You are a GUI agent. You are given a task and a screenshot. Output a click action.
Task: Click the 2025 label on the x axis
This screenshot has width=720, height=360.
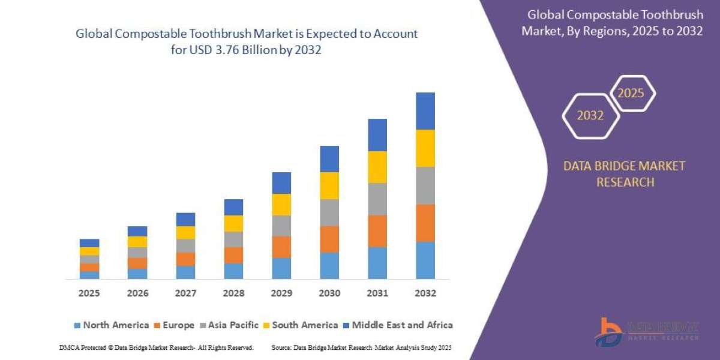(x=89, y=293)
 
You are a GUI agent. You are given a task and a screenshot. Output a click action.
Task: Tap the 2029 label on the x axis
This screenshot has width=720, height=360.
(x=281, y=293)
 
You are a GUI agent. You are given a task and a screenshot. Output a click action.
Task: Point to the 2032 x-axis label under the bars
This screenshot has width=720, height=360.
(x=425, y=293)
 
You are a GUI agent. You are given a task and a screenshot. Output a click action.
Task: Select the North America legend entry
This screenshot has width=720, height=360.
(x=111, y=325)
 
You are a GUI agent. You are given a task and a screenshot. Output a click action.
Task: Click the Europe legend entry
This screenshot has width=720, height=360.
(x=175, y=325)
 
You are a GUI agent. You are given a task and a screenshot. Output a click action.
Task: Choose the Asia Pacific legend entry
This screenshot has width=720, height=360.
(x=231, y=325)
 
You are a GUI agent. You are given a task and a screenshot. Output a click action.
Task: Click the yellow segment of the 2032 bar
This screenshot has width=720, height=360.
(x=425, y=148)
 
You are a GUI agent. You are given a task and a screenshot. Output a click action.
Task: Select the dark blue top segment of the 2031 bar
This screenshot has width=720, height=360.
(x=377, y=135)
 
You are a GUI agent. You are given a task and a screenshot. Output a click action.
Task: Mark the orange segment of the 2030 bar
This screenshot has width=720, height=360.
(x=329, y=239)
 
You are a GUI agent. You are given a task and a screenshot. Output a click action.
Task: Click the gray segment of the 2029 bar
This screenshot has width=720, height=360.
(x=281, y=226)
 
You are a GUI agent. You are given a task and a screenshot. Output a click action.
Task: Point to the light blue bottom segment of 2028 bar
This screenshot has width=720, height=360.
(x=233, y=271)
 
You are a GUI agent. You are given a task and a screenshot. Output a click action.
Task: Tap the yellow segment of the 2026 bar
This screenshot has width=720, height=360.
(x=137, y=242)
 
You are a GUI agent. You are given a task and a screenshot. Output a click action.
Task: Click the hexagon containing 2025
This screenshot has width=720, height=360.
(x=631, y=94)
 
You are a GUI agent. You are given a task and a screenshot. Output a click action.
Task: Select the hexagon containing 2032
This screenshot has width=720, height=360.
(x=590, y=116)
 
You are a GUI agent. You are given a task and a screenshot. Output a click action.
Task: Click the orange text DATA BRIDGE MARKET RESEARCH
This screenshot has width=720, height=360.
(x=624, y=174)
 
